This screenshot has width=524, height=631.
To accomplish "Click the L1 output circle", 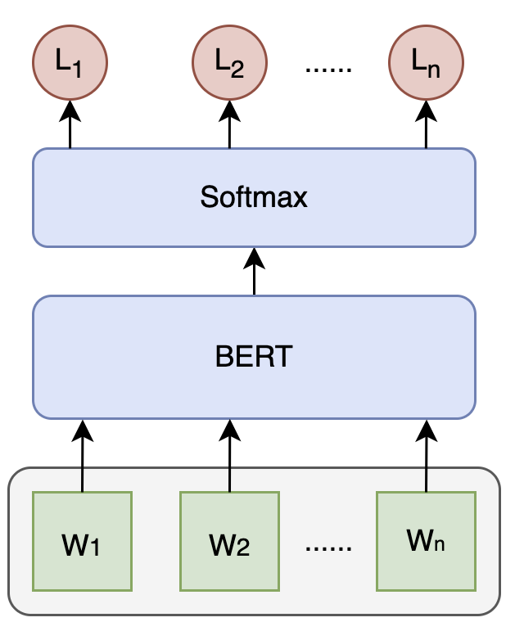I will pos(70,62).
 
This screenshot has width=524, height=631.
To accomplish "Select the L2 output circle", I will pos(229,62).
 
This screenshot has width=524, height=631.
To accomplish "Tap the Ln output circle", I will pos(426,62).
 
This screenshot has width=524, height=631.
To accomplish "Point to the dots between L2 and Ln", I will pos(327,69).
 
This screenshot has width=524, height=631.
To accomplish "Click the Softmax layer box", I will pos(254,197).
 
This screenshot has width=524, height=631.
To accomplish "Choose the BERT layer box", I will pos(254,357).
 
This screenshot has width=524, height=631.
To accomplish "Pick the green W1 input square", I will pos(82,541).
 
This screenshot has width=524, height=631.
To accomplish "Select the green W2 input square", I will pos(229,541).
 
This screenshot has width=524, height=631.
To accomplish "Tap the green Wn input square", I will pos(426,541).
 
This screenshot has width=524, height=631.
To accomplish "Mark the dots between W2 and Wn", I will pos(327,547).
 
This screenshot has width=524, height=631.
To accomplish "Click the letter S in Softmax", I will pos(208,197).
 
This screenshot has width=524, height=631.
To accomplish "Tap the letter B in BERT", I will pos(223,358).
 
